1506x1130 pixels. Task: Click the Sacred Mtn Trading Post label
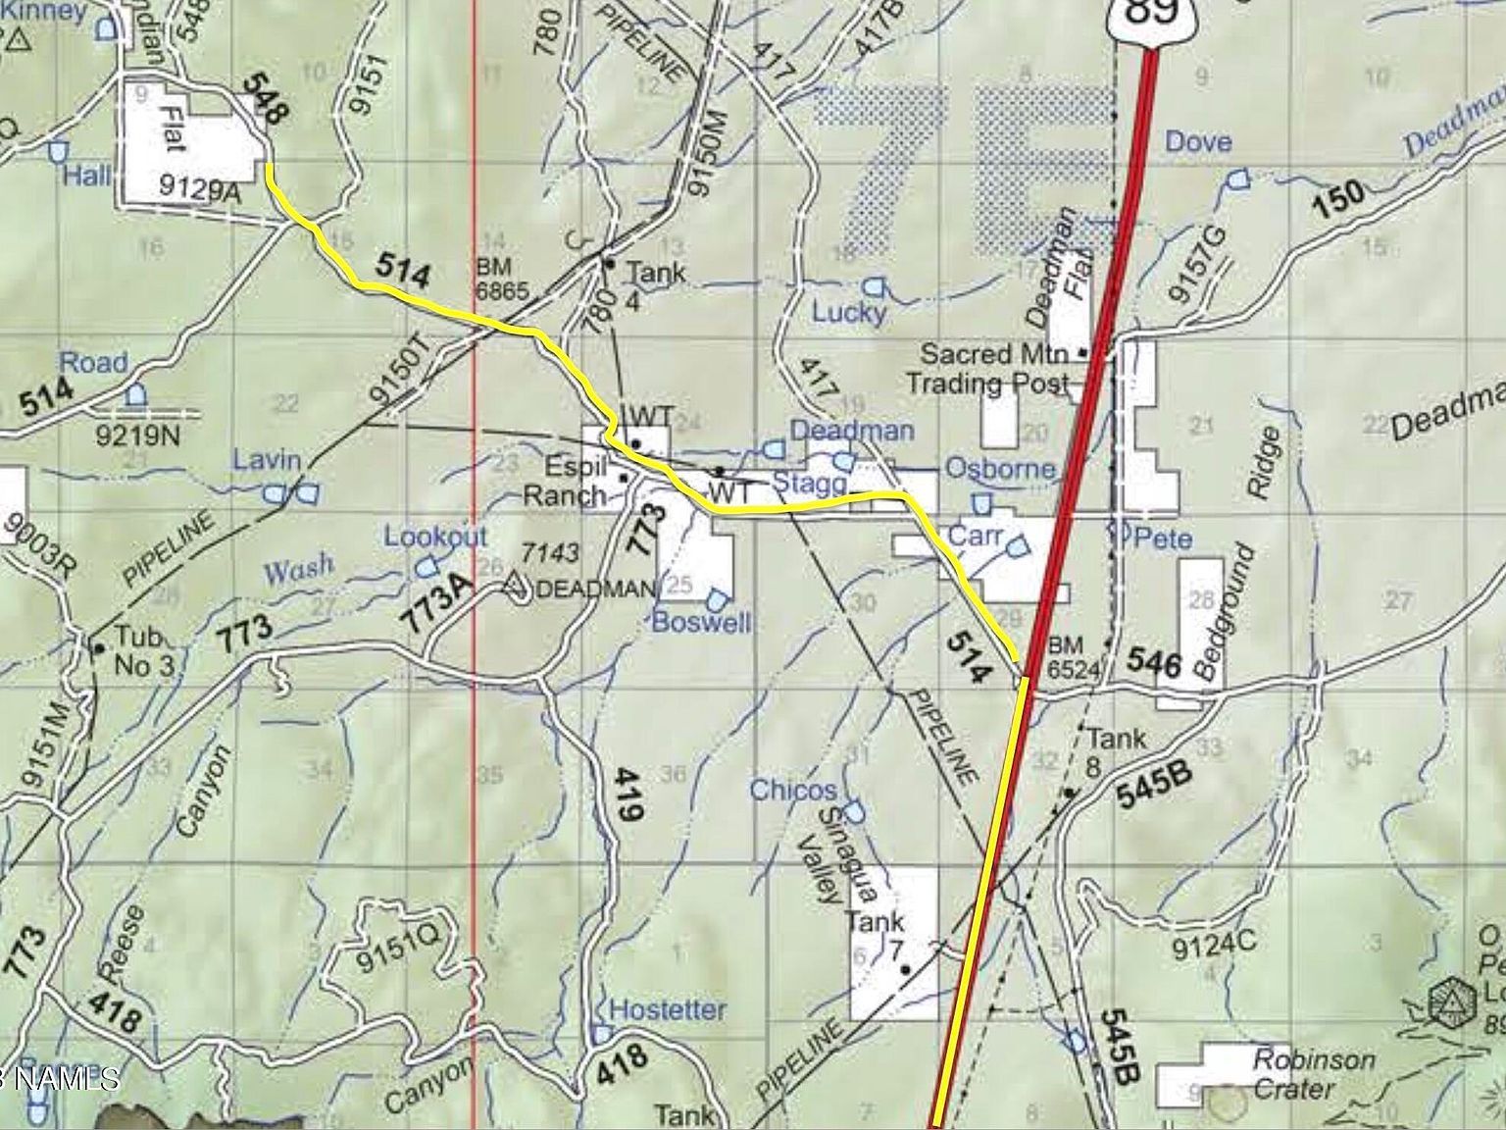[989, 368]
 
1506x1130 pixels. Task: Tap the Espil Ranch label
[578, 481]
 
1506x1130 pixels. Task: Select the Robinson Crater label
[1315, 1074]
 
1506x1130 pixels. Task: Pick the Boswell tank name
[701, 622]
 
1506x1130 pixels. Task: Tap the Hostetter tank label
[668, 1009]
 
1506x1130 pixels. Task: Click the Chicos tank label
[793, 790]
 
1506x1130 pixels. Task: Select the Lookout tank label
[435, 537]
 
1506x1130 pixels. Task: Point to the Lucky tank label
[849, 313]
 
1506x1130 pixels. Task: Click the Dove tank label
[1198, 142]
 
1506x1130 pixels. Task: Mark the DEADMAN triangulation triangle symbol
[512, 585]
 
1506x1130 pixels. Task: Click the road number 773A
[437, 600]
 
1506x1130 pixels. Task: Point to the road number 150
[1338, 199]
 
